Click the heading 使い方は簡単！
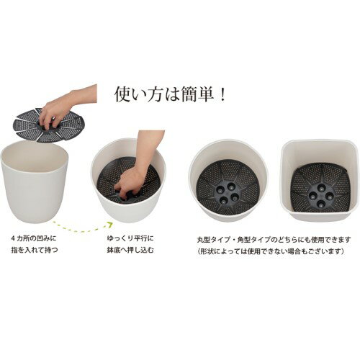coord(170,94)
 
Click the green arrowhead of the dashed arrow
coord(110,225)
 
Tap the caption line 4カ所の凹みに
coord(34,238)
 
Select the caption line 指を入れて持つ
coord(35,250)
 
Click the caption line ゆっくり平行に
coord(130,238)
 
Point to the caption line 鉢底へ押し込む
coord(130,250)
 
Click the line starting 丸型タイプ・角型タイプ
coord(274,240)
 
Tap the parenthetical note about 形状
coord(271,251)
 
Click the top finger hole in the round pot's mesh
coord(231,185)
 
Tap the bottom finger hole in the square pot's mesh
coord(320,204)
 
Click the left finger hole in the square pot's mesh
coord(312,194)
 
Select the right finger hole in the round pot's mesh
coord(235,196)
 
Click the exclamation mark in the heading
coord(222,94)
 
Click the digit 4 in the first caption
coord(13,239)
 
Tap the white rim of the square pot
coord(320,141)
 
